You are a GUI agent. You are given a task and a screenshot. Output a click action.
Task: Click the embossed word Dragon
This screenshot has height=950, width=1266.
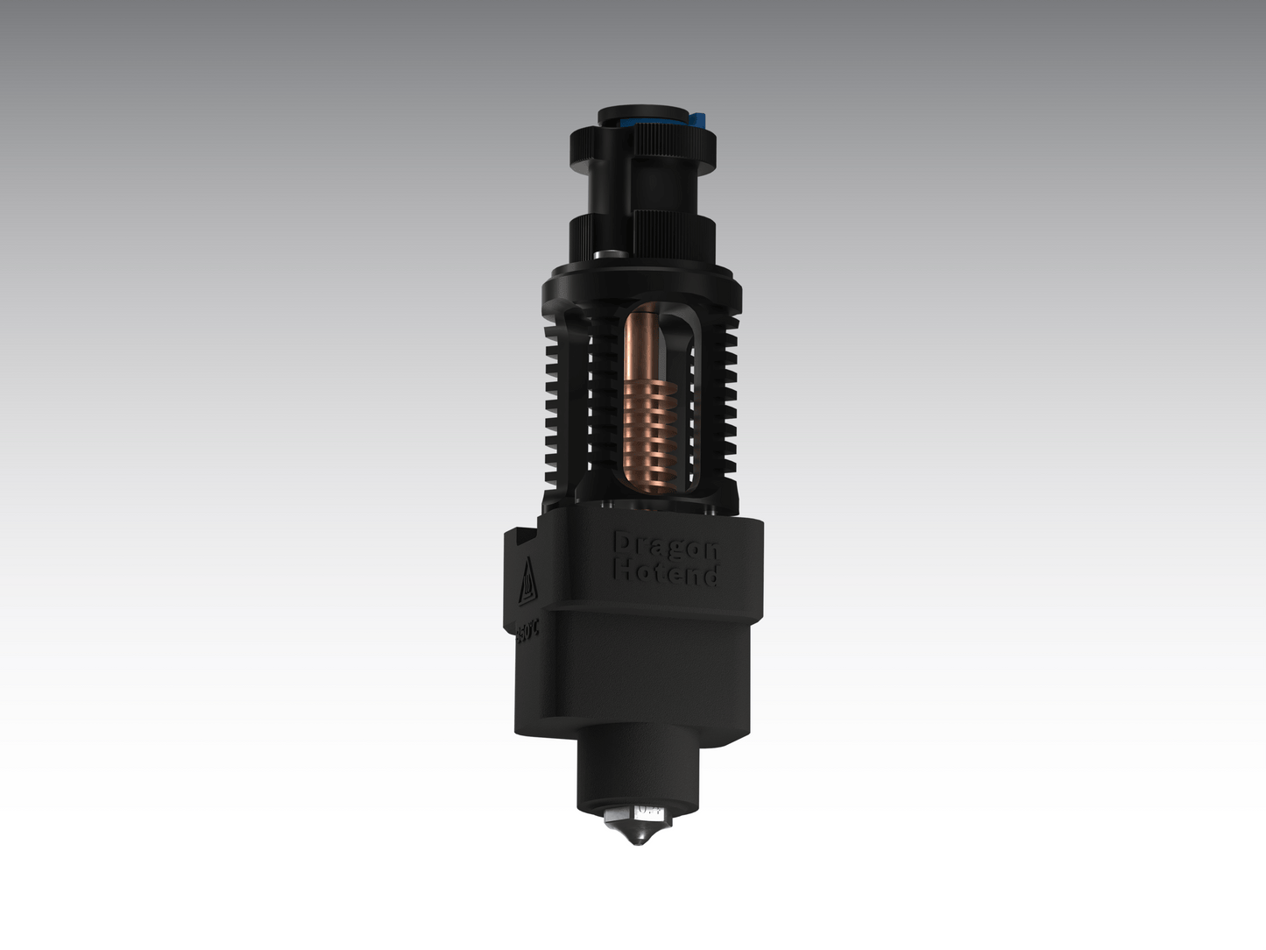[x=666, y=546]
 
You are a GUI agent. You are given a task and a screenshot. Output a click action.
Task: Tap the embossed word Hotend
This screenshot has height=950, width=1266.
[x=666, y=573]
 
